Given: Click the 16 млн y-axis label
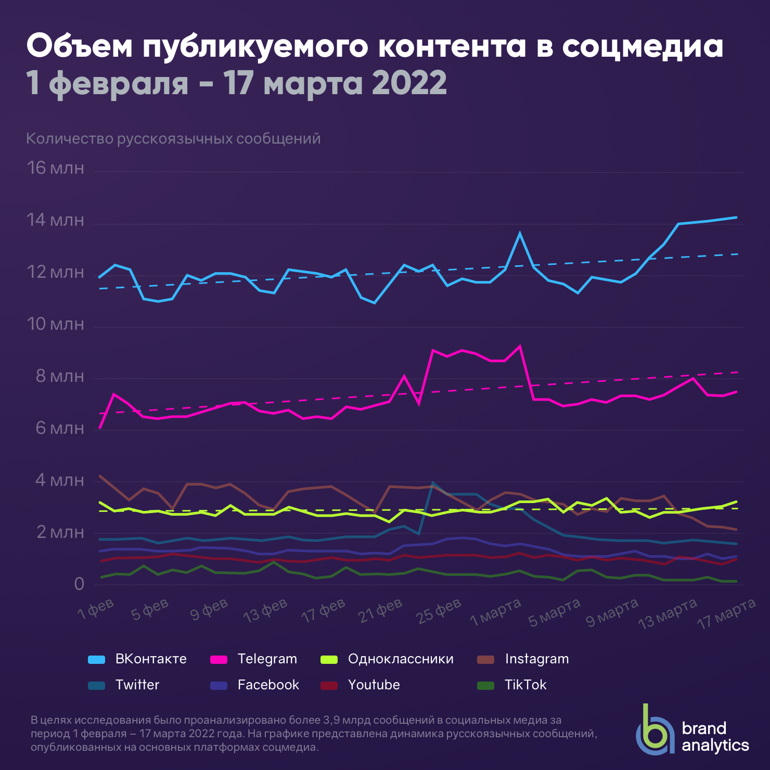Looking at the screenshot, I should click(x=55, y=168).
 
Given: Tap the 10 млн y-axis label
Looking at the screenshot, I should click(x=55, y=324).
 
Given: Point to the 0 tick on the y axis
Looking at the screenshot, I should click(x=79, y=584).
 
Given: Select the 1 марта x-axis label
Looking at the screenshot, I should click(x=495, y=612).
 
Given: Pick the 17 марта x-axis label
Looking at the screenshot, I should click(x=727, y=614).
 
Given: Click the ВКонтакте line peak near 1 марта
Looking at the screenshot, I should click(x=520, y=233).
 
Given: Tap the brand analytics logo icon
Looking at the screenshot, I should click(x=654, y=731).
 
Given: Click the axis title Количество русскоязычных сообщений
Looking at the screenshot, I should click(x=173, y=139).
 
